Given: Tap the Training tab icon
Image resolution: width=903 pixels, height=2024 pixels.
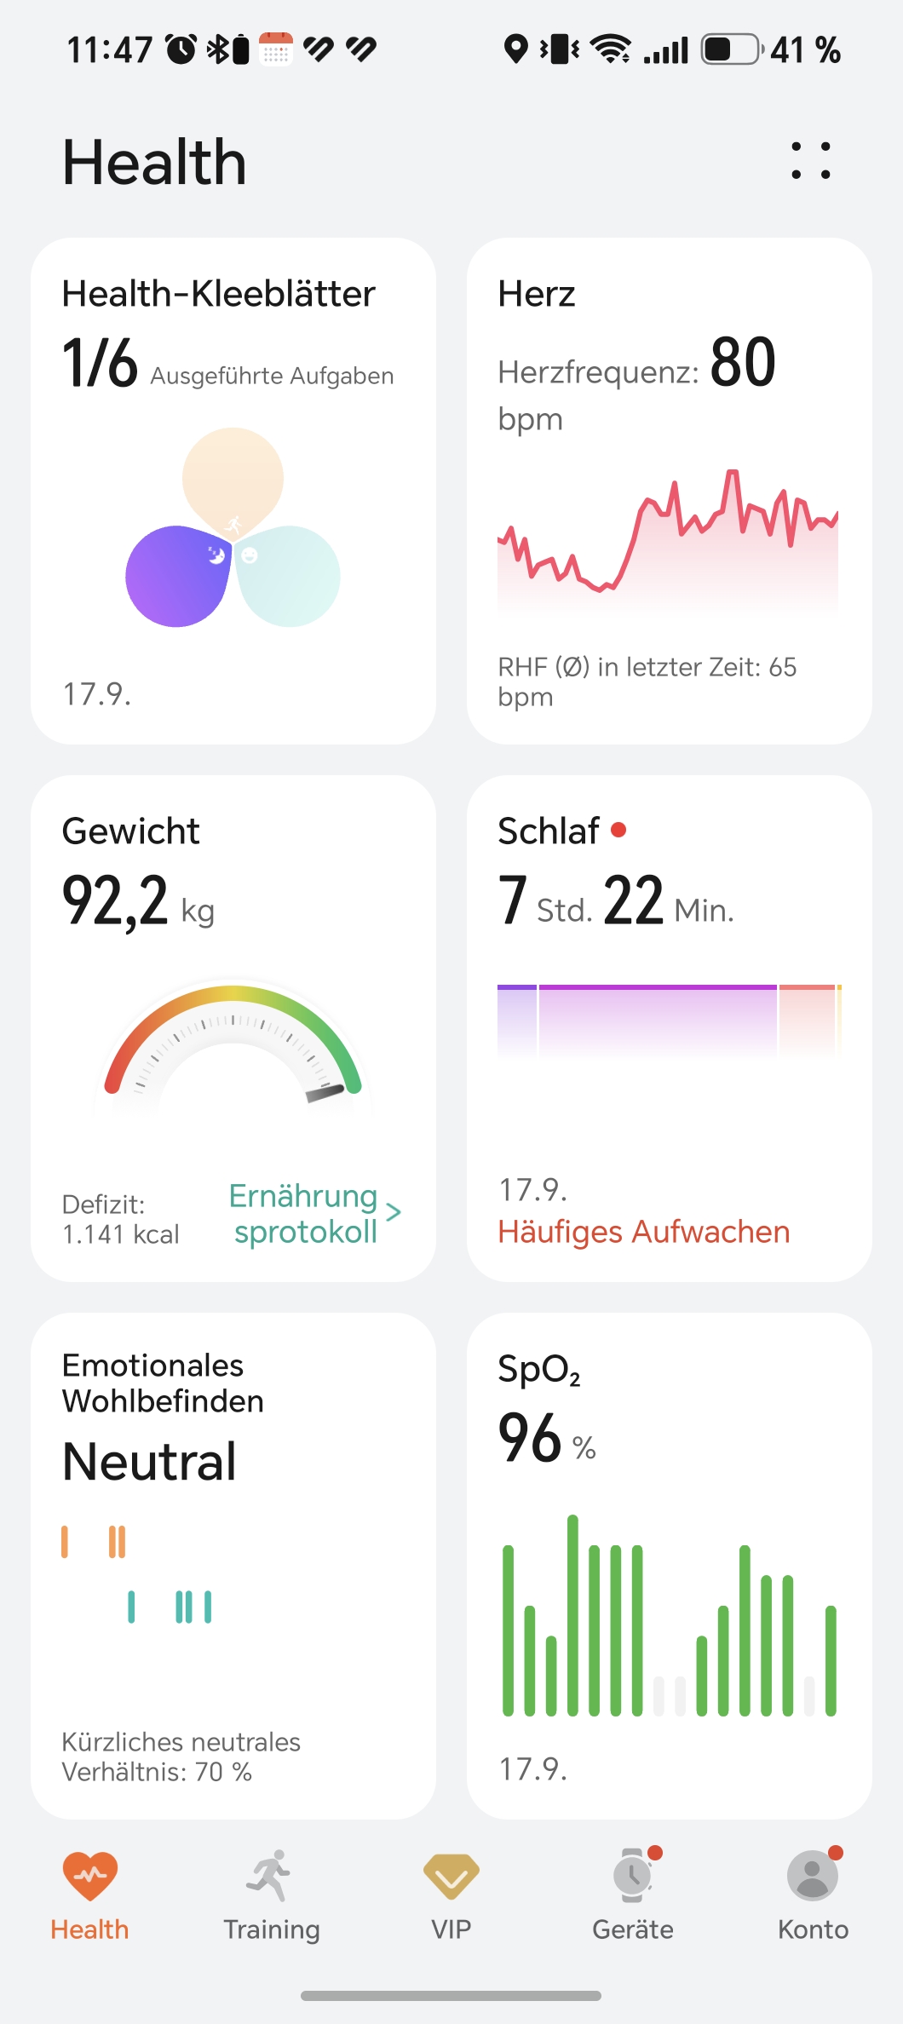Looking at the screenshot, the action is (270, 1875).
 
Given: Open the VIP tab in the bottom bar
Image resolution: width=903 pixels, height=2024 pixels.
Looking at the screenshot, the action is (451, 1877).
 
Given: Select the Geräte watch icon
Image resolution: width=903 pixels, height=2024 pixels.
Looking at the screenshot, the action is (633, 1875).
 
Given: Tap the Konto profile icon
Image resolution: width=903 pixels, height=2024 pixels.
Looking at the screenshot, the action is (813, 1875).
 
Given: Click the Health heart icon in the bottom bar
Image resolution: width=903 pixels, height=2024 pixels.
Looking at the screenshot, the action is (89, 1877).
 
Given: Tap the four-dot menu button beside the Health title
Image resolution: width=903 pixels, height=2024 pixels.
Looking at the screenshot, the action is (810, 161).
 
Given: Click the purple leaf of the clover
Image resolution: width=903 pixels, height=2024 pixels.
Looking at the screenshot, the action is (177, 576).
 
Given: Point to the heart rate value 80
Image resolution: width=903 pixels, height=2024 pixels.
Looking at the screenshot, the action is (743, 363).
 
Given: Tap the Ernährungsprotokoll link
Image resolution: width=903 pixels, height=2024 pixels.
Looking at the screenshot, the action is (305, 1214).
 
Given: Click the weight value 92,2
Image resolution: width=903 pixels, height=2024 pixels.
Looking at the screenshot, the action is (115, 900).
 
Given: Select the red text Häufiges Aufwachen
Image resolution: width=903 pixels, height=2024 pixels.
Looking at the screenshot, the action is (644, 1232).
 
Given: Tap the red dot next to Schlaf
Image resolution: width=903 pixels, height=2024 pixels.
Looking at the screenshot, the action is (618, 830).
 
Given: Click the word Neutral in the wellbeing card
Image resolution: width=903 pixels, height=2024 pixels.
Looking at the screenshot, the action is (149, 1462).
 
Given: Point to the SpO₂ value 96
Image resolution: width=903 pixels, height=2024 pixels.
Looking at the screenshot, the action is (529, 1438).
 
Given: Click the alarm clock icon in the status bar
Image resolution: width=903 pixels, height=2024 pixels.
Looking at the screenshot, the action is (181, 49).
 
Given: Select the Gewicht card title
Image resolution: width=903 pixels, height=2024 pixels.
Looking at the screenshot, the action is (131, 831).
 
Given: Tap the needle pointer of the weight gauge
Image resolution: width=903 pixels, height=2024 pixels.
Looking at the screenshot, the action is (325, 1093).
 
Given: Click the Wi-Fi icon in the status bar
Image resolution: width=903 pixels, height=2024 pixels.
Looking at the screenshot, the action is (611, 49).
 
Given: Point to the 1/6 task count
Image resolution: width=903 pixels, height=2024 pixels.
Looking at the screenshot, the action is (100, 363).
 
